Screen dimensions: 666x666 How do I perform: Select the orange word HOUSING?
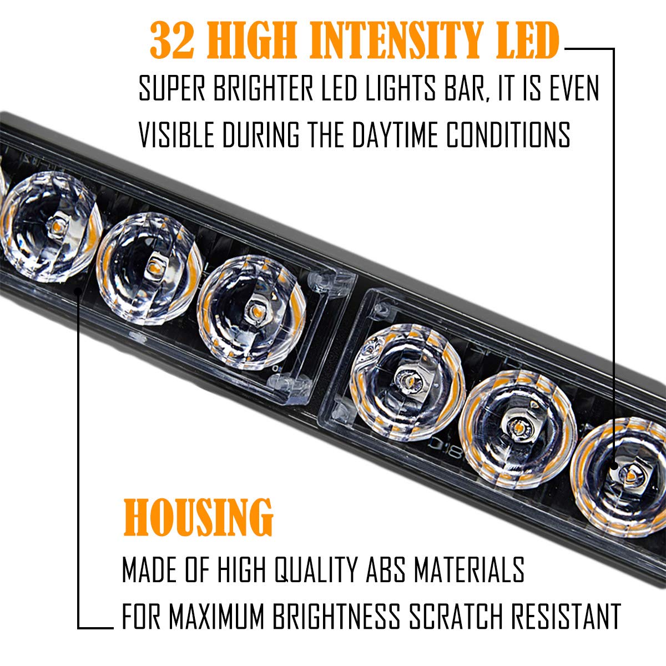[x=198, y=517]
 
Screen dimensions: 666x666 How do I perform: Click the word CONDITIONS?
[x=508, y=135]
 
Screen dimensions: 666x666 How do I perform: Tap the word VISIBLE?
[x=176, y=135]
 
